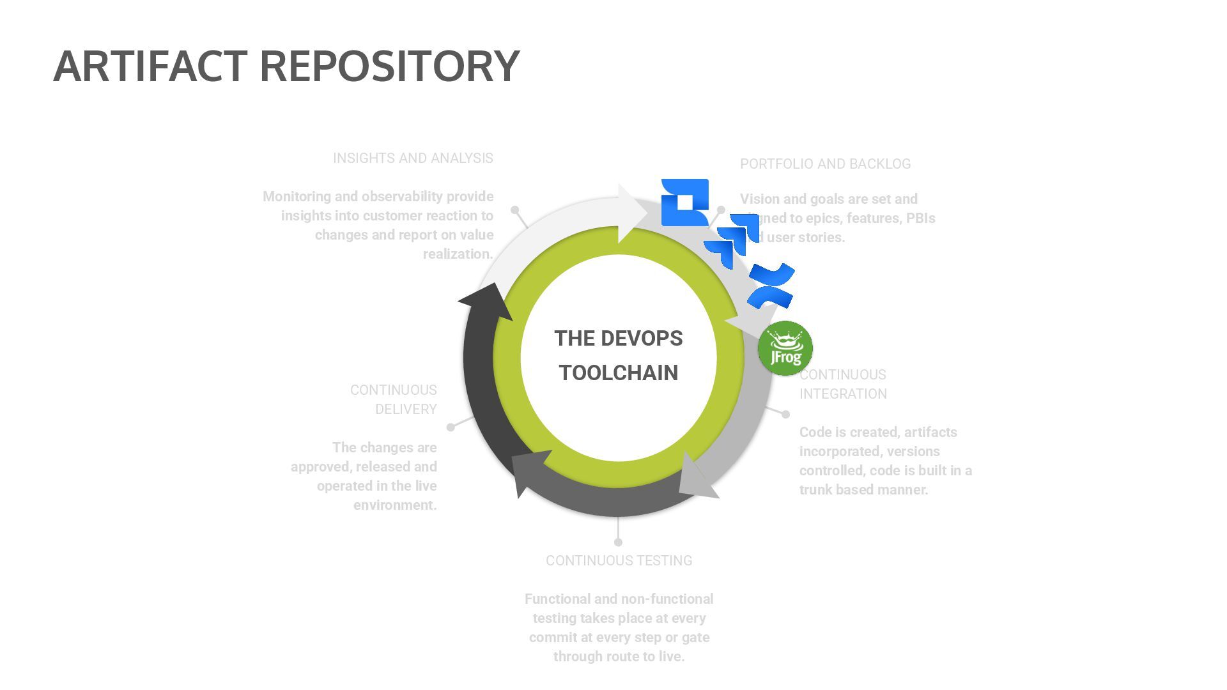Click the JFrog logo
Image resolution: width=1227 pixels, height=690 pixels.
(x=785, y=348)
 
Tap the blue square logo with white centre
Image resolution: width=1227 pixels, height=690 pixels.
(x=684, y=202)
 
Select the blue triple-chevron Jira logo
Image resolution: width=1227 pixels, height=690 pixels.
(x=732, y=240)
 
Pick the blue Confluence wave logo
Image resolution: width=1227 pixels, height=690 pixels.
(x=771, y=286)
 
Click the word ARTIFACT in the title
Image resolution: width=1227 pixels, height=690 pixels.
(x=150, y=66)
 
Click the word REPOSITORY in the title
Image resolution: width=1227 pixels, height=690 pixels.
(x=389, y=66)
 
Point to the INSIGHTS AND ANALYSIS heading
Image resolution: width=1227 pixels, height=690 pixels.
(x=413, y=158)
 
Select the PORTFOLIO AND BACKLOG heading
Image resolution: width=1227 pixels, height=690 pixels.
(x=825, y=164)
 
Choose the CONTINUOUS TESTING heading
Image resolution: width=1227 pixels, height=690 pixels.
(x=619, y=561)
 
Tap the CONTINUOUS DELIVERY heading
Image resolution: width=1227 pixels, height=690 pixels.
(x=394, y=399)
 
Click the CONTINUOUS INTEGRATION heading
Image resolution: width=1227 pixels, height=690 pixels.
(x=843, y=384)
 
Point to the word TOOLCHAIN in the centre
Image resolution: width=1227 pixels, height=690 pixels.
(x=619, y=373)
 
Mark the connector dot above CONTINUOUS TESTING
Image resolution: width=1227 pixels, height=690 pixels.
(x=618, y=542)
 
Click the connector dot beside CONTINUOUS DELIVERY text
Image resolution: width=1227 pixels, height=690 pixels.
(x=451, y=427)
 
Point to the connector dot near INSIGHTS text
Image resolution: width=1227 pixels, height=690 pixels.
(x=515, y=210)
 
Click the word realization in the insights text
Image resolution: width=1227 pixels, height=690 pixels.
(x=458, y=254)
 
